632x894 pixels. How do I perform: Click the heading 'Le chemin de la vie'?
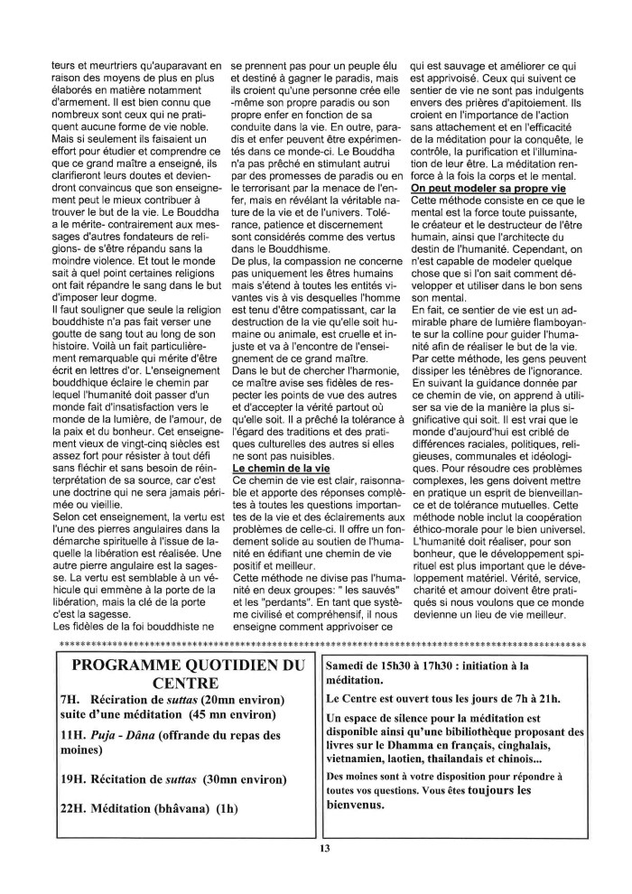pyautogui.click(x=282, y=470)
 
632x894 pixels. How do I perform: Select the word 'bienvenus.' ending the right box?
pyautogui.click(x=361, y=805)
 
